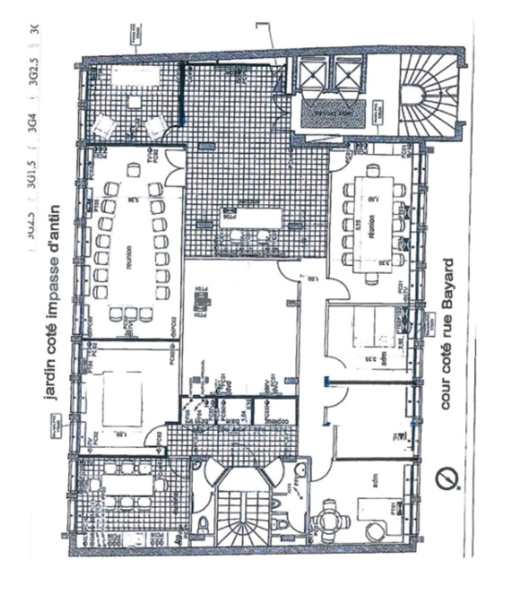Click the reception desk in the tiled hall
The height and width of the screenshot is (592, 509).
[251, 219]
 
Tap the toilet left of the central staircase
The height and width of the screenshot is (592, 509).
[203, 523]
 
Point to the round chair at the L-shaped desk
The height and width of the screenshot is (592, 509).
[373, 531]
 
